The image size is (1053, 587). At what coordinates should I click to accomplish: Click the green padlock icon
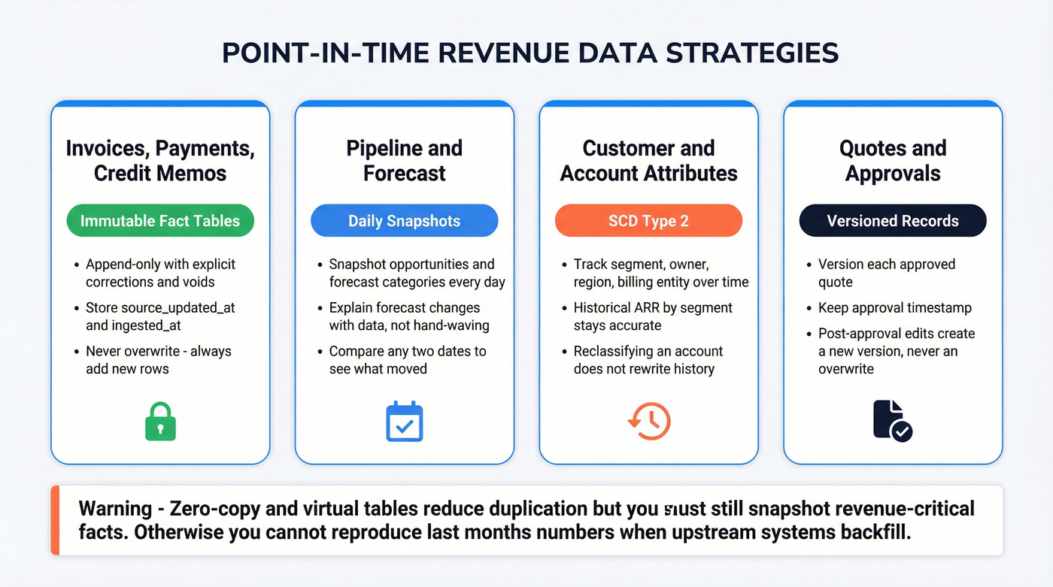(x=159, y=422)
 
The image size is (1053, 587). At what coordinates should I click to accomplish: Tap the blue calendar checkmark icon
(x=405, y=422)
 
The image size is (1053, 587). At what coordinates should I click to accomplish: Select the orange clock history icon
(x=648, y=421)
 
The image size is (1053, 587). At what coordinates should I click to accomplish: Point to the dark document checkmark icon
(x=892, y=421)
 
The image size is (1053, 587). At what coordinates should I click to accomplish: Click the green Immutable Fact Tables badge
(x=159, y=221)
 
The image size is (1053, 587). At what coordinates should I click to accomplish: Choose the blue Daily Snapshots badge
(x=404, y=221)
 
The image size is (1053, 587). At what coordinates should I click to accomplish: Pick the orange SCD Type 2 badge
(x=648, y=221)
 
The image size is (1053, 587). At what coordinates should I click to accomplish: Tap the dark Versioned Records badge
(x=892, y=221)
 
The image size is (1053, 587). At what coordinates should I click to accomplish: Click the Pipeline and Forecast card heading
(x=404, y=160)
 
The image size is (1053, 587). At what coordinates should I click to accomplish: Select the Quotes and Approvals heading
(x=892, y=160)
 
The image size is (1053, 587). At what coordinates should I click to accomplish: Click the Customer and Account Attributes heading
(x=648, y=160)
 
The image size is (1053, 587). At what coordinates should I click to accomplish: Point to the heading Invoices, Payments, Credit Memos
(x=159, y=160)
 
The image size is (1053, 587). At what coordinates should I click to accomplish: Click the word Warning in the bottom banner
(x=115, y=509)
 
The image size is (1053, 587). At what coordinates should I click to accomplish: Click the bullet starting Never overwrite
(x=158, y=360)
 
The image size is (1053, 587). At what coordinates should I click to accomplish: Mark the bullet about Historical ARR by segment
(x=652, y=316)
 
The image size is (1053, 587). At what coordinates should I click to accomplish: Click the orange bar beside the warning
(x=55, y=520)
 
